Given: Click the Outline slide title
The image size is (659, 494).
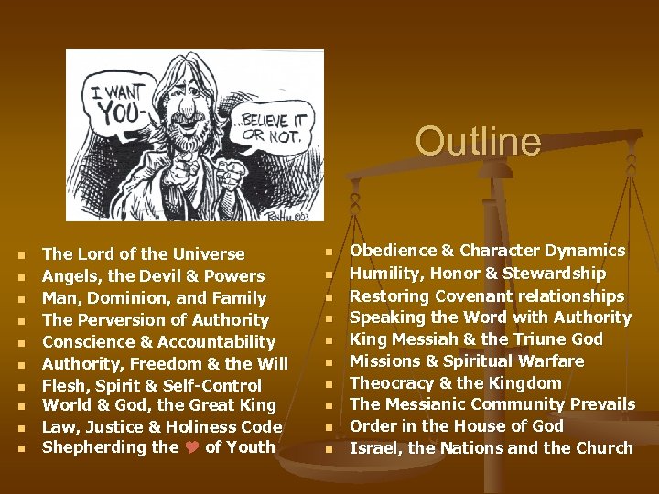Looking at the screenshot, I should point(478,142).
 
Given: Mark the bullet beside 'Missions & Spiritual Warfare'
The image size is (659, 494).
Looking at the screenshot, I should point(329,362).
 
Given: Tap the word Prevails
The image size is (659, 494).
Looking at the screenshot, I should point(600,404).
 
